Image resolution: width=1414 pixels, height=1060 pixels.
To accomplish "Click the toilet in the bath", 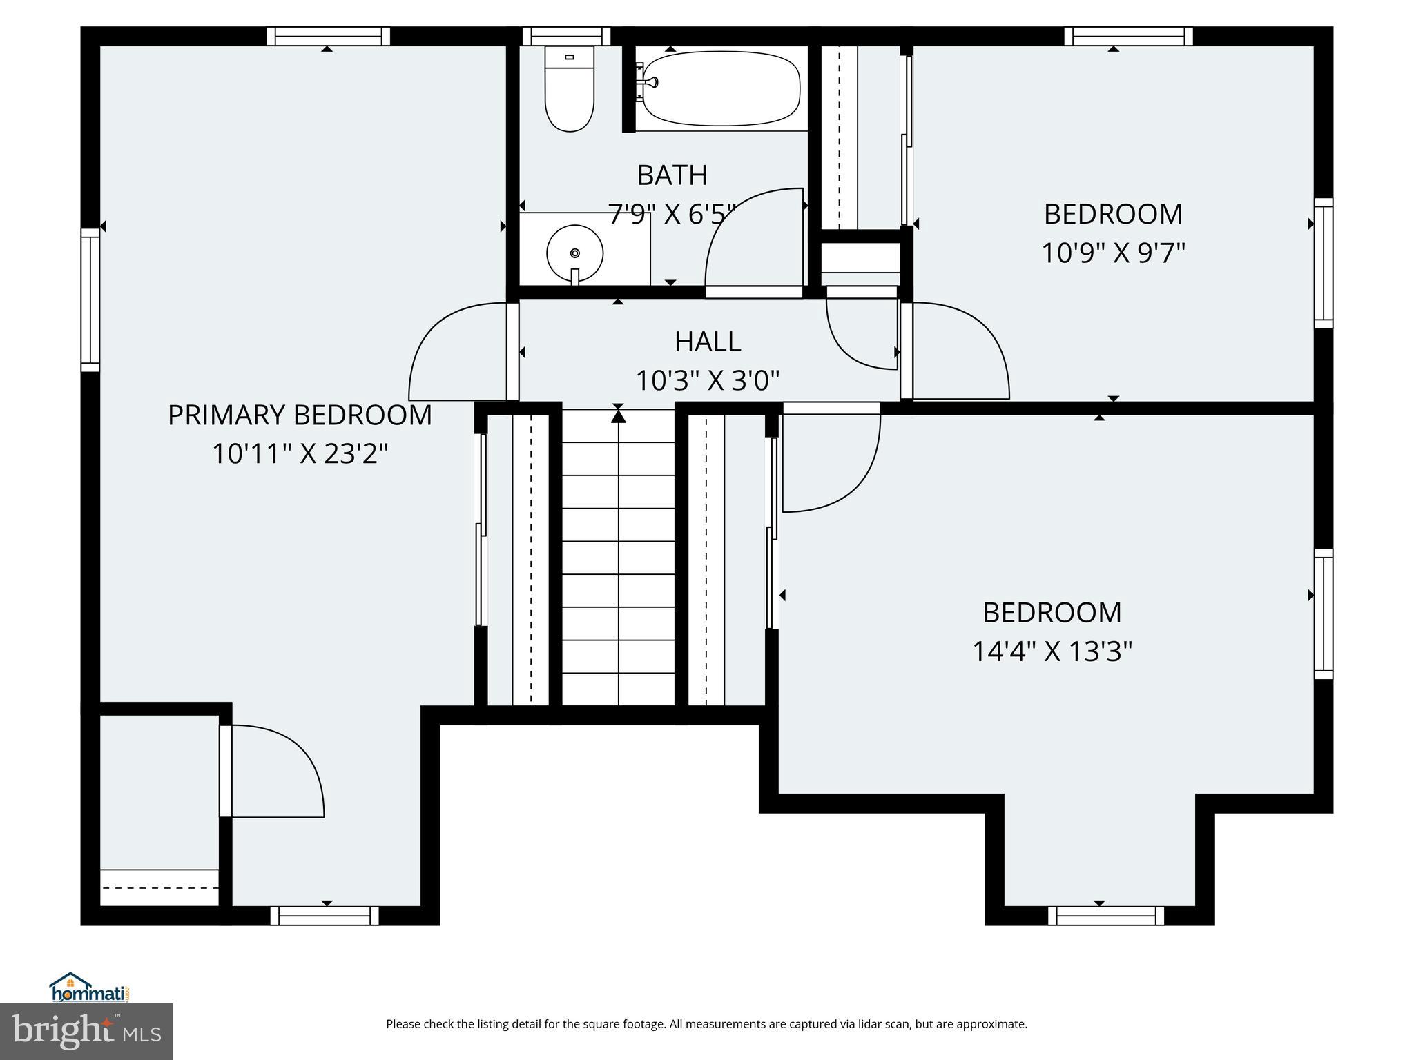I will [x=570, y=90].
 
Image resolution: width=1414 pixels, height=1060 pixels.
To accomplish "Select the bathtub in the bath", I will [x=720, y=90].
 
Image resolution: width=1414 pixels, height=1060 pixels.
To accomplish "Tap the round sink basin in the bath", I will [x=574, y=253].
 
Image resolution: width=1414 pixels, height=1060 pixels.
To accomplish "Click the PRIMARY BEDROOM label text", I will [x=300, y=415].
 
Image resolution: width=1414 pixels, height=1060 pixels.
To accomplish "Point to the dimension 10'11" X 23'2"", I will [x=300, y=454].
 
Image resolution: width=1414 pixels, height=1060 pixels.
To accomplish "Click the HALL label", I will [x=708, y=342].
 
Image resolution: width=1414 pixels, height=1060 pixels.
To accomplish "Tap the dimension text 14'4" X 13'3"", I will [x=1052, y=651].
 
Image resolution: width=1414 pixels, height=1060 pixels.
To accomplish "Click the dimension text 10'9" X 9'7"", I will [x=1113, y=253].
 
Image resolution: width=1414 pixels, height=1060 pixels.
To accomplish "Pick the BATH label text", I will [x=672, y=175].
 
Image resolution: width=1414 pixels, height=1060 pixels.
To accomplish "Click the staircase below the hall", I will [x=618, y=559].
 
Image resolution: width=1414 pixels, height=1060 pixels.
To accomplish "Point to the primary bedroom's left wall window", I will [x=90, y=300].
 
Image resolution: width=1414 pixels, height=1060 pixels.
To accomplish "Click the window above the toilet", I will [x=566, y=36].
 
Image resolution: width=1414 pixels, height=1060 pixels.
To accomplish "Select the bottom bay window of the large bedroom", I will [x=1106, y=916].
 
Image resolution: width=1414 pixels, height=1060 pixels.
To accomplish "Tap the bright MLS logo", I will [x=86, y=1031].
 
